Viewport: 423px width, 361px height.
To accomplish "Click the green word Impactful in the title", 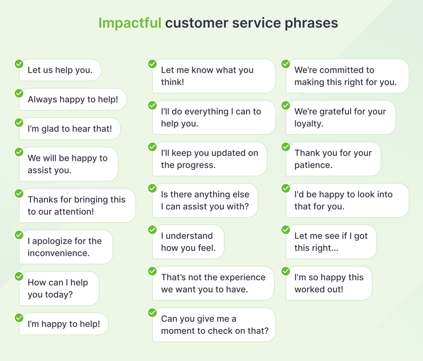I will click(130, 23).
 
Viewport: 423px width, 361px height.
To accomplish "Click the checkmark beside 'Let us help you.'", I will click(19, 64).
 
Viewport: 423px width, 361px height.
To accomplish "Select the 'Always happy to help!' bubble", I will click(73, 99).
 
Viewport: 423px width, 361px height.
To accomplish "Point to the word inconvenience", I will click(58, 253).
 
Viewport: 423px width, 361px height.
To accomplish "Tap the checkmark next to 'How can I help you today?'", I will click(19, 276).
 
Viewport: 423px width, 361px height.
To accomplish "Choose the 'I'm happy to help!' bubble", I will click(64, 324).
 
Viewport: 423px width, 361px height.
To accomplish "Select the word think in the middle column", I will click(172, 82).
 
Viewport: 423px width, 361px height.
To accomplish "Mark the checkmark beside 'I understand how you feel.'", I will click(152, 230).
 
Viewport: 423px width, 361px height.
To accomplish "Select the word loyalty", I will click(308, 124).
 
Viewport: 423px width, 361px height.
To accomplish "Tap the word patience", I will click(313, 165).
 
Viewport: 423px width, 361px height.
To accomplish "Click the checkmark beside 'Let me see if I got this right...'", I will click(286, 230).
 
